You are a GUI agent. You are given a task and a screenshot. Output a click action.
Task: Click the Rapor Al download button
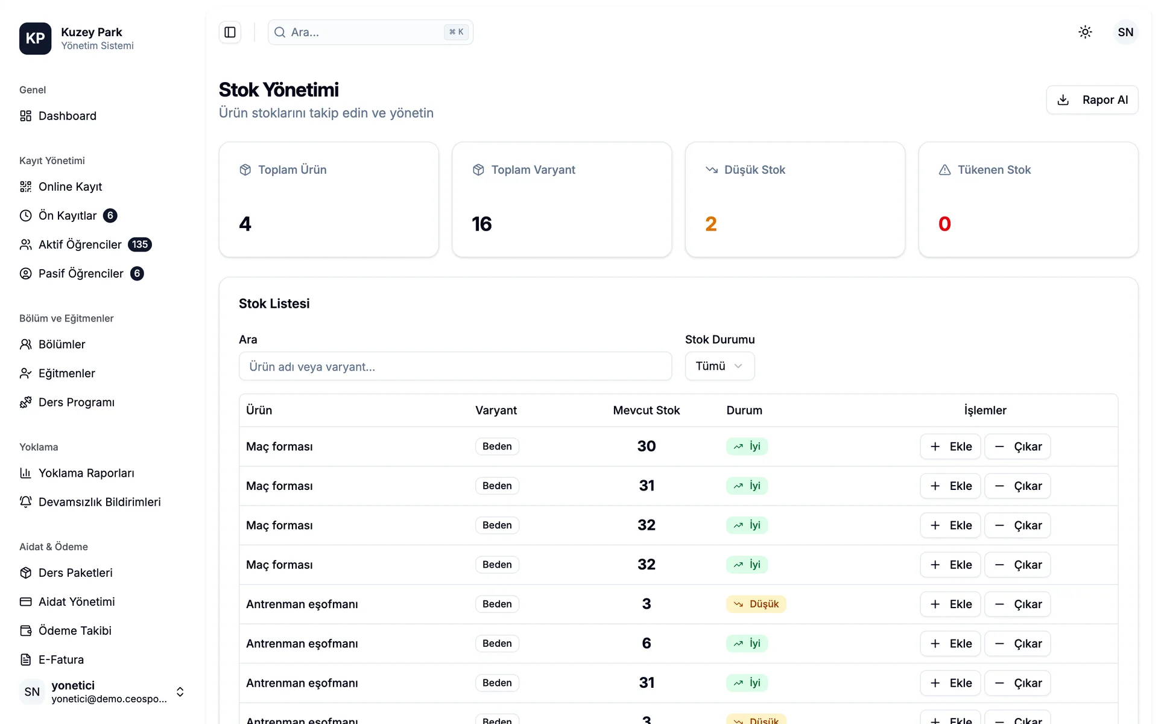pyautogui.click(x=1092, y=100)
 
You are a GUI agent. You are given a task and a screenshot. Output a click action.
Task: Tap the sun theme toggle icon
pyautogui.click(x=1085, y=32)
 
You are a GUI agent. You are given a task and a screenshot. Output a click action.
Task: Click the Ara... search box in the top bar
pyautogui.click(x=370, y=32)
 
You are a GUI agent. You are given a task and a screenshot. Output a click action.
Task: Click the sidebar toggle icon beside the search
pyautogui.click(x=230, y=32)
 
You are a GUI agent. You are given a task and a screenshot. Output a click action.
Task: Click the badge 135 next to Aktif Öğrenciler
pyautogui.click(x=140, y=244)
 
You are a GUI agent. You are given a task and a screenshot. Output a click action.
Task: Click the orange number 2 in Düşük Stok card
pyautogui.click(x=711, y=224)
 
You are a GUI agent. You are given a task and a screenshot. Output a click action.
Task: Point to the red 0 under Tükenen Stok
pyautogui.click(x=944, y=224)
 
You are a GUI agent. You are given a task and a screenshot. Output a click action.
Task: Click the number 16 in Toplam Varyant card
pyautogui.click(x=482, y=224)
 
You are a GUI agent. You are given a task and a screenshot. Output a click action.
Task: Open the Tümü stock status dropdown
pyautogui.click(x=720, y=366)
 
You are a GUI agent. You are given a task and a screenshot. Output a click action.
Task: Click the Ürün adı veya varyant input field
pyautogui.click(x=455, y=366)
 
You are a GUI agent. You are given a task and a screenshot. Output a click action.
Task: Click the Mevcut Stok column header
pyautogui.click(x=647, y=410)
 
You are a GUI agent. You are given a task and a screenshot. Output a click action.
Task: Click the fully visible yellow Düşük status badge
pyautogui.click(x=756, y=604)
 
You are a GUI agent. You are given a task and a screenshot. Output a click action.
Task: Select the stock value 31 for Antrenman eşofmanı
pyautogui.click(x=647, y=682)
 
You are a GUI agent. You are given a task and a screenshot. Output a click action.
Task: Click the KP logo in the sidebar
pyautogui.click(x=35, y=39)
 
